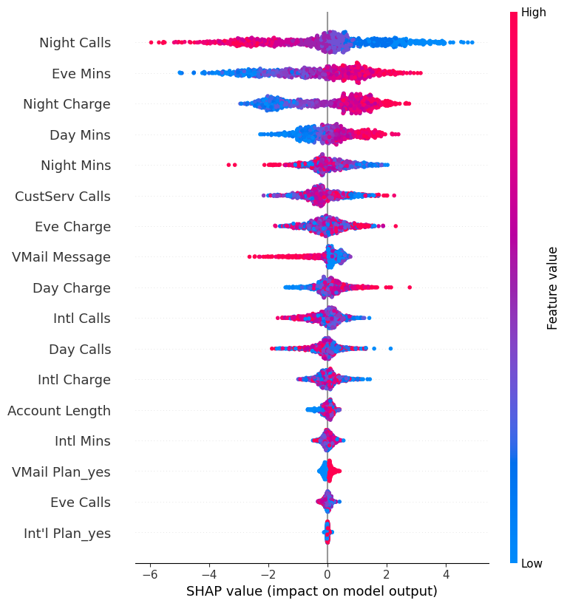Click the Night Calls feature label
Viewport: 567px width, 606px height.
pyautogui.click(x=75, y=43)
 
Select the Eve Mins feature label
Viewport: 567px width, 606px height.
pyautogui.click(x=81, y=74)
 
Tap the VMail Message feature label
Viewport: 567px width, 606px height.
pyautogui.click(x=61, y=257)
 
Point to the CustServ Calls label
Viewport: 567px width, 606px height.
pyautogui.click(x=63, y=196)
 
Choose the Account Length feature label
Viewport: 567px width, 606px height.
pyautogui.click(x=59, y=410)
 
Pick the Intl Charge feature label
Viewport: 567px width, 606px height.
pyautogui.click(x=74, y=380)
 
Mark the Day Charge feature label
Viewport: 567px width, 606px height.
pyautogui.click(x=72, y=287)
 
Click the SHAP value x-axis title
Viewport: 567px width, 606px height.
pyautogui.click(x=311, y=591)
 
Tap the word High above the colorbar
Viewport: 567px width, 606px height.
pyautogui.click(x=534, y=12)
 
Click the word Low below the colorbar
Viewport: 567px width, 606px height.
pyautogui.click(x=532, y=564)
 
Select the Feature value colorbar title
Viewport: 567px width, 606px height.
pyautogui.click(x=552, y=288)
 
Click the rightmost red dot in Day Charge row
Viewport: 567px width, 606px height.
pyautogui.click(x=410, y=287)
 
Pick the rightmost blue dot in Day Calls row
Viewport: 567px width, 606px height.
pyautogui.click(x=390, y=348)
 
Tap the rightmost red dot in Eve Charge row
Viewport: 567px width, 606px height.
pyautogui.click(x=395, y=225)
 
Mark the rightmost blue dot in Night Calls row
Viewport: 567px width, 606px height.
pyautogui.click(x=472, y=42)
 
